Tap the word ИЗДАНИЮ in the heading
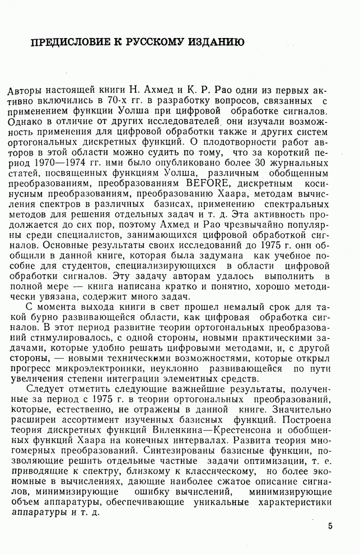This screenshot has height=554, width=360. pyautogui.click(x=216, y=43)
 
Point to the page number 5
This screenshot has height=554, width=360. pyautogui.click(x=330, y=526)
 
